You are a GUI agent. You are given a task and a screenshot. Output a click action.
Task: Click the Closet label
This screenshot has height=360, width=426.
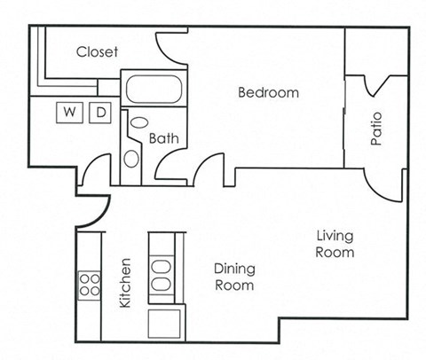point(97,51)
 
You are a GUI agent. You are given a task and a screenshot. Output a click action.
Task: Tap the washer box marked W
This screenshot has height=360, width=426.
point(68,112)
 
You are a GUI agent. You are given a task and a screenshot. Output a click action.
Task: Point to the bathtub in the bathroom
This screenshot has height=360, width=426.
point(155,89)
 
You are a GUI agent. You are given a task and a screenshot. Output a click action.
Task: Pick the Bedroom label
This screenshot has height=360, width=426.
point(267,92)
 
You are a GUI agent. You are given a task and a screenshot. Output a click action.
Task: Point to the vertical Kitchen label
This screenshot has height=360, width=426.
point(125,283)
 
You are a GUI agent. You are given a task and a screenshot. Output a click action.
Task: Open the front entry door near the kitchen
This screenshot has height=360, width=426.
point(93,174)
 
